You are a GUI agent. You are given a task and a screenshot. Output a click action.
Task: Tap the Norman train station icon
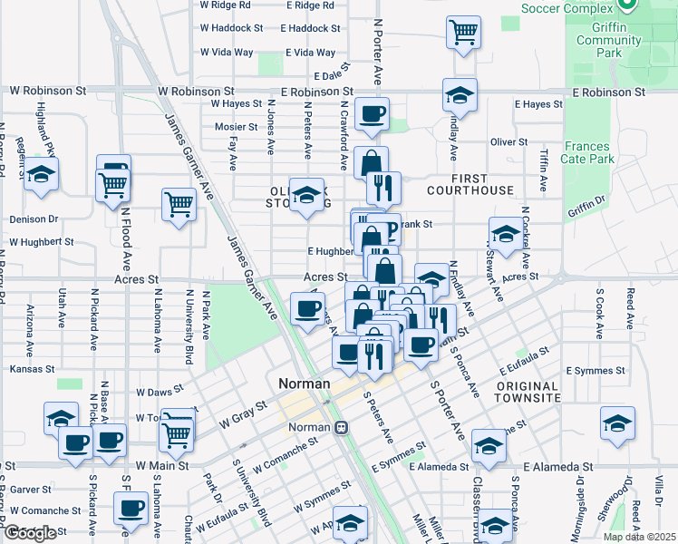(342, 428)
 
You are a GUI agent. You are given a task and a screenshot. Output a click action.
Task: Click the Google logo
(30, 533)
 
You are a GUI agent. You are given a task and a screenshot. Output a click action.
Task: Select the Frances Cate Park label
(588, 152)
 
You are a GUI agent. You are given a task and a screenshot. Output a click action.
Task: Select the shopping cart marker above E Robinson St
(463, 33)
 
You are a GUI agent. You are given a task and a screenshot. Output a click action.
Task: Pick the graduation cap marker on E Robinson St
(460, 95)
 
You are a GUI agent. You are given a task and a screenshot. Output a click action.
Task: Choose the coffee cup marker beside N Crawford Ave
(372, 114)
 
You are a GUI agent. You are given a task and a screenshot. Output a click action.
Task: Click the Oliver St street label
(508, 142)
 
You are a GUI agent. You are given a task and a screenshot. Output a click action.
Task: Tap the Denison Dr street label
(34, 219)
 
